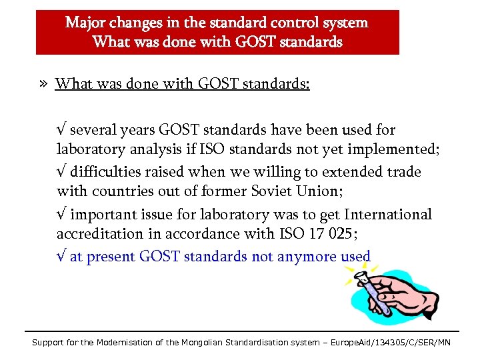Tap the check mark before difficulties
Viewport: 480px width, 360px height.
pyautogui.click(x=61, y=172)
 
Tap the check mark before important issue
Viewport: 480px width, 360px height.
pyautogui.click(x=61, y=215)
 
